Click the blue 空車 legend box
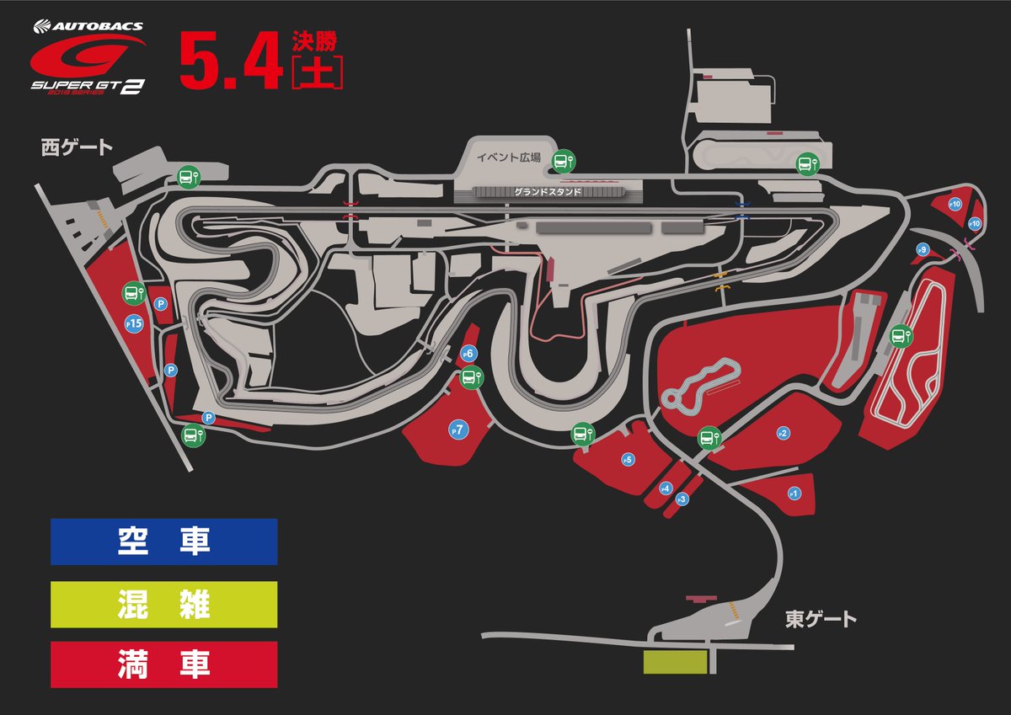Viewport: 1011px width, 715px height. click(164, 542)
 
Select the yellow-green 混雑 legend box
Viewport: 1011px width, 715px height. click(164, 604)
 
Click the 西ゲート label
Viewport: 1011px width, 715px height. click(77, 148)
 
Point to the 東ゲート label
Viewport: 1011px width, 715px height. click(821, 620)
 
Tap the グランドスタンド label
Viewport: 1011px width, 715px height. click(548, 192)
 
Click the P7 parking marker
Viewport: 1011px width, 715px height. click(458, 430)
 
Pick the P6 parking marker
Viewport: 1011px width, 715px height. click(469, 354)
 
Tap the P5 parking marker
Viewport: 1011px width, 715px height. click(627, 460)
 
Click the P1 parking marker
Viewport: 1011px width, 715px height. click(793, 493)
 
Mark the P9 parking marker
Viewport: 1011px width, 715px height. click(923, 249)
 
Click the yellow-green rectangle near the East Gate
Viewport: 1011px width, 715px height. click(675, 662)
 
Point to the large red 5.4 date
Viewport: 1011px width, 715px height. click(230, 61)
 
